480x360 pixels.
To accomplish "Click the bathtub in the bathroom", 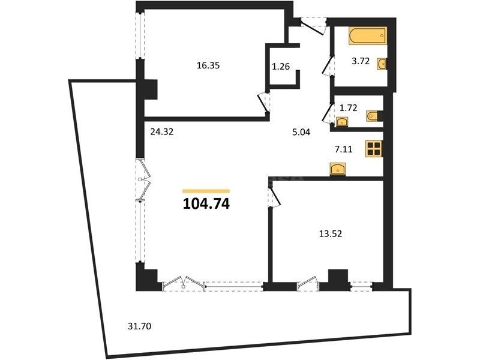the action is (x=367, y=36).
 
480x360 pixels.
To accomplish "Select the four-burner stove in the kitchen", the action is (x=374, y=149).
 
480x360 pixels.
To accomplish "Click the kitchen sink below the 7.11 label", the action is (x=338, y=169).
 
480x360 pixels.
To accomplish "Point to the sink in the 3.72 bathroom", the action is (x=382, y=64).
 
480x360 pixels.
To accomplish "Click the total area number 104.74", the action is (x=206, y=204).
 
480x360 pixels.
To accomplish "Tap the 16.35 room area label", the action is (x=208, y=65).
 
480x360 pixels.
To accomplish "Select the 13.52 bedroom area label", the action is (x=331, y=234).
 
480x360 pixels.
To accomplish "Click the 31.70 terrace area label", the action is (x=140, y=326).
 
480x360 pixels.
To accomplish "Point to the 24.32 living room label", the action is (x=162, y=131).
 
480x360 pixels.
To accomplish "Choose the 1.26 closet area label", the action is (x=281, y=66).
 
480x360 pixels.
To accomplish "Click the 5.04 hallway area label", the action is (x=301, y=132).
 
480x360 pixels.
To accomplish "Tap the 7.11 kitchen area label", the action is (x=343, y=149).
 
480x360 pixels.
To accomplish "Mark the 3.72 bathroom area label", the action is (x=361, y=61).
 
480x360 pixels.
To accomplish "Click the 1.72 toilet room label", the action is (x=349, y=108).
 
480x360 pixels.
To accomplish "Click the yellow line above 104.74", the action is (x=206, y=191).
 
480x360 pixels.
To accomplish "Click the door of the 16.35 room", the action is (x=263, y=103).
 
